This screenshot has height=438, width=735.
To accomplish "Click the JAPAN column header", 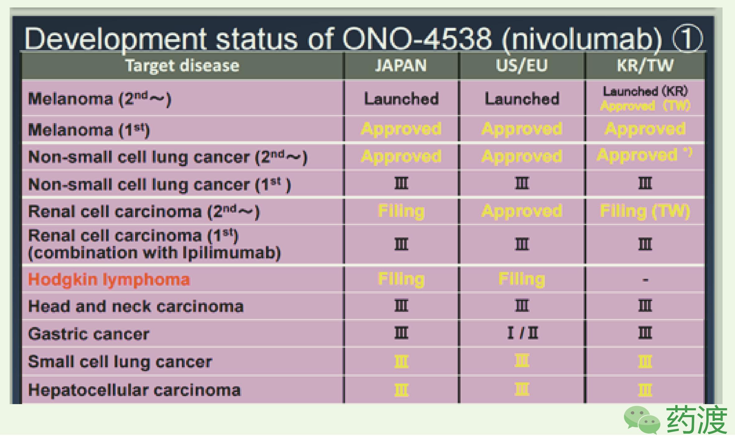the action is pos(401,66).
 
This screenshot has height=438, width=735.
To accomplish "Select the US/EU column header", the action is pos(522,66).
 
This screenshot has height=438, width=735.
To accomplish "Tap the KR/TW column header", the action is pos(645,66).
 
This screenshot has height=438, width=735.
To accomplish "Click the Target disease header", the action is pos(182,66).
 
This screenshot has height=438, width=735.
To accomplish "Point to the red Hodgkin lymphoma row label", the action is pos(109,279).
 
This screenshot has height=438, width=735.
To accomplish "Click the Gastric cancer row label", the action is pos(89,334).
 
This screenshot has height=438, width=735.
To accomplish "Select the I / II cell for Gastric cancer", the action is pos(522,333).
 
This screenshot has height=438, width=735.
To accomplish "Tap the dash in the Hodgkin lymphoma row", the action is pos(645,280).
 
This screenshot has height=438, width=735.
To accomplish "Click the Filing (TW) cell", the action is pos(645,211).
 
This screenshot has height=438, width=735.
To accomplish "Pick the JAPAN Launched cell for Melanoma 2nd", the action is pos(401,99).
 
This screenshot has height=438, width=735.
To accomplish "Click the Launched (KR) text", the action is pos(645,91).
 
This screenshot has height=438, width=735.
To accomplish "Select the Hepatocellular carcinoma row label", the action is pos(134,390).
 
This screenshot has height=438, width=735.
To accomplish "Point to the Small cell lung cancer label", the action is pos(120,362).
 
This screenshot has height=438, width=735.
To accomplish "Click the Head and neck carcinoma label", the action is pos(136,307).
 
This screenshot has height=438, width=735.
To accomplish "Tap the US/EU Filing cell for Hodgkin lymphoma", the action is pos(522,279).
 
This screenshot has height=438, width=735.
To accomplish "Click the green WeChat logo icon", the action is pos(642,419).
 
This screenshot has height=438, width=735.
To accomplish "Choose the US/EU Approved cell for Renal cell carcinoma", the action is pos(522,211).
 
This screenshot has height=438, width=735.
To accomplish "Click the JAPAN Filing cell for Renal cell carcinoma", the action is pos(401,211).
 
